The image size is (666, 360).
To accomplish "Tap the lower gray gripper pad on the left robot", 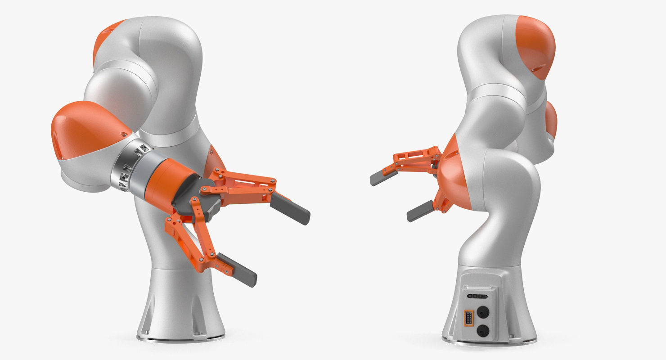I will (x=237, y=270).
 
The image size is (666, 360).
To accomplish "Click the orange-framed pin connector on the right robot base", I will (x=469, y=318).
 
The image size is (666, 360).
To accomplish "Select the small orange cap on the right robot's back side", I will (x=551, y=119).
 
